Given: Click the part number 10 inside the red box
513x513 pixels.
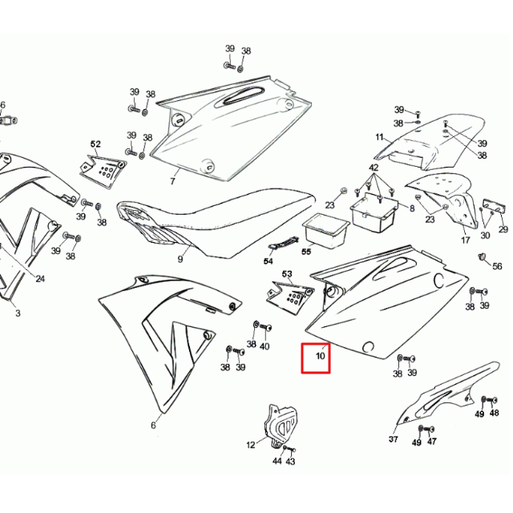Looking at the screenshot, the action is (x=321, y=355).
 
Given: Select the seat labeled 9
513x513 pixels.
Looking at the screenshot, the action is (x=216, y=223).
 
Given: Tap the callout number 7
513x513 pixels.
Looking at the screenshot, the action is (x=173, y=180).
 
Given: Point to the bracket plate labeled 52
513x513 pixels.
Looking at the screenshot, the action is (x=103, y=171).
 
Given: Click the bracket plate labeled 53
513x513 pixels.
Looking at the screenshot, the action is (x=290, y=297).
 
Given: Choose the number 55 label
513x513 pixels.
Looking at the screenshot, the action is (x=306, y=252).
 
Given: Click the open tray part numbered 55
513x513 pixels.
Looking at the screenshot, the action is (x=325, y=230).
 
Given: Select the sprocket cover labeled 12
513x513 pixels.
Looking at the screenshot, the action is (x=275, y=426).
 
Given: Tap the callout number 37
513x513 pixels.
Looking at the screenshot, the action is (x=394, y=439).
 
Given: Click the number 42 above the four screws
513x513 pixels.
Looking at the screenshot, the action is (x=374, y=168).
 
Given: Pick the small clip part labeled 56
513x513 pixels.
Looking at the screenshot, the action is (x=482, y=256).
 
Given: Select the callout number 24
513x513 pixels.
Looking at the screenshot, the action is (x=40, y=279).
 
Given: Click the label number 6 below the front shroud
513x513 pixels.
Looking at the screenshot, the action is (x=153, y=426).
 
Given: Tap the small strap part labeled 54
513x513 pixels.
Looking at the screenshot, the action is (x=283, y=242).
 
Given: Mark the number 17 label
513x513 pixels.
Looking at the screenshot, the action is (x=466, y=240).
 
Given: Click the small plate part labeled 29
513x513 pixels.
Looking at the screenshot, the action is (x=494, y=205).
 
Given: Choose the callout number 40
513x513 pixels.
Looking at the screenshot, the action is (x=265, y=346).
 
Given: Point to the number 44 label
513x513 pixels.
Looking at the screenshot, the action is (x=277, y=461).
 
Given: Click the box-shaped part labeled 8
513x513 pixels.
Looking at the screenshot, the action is (x=374, y=212).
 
